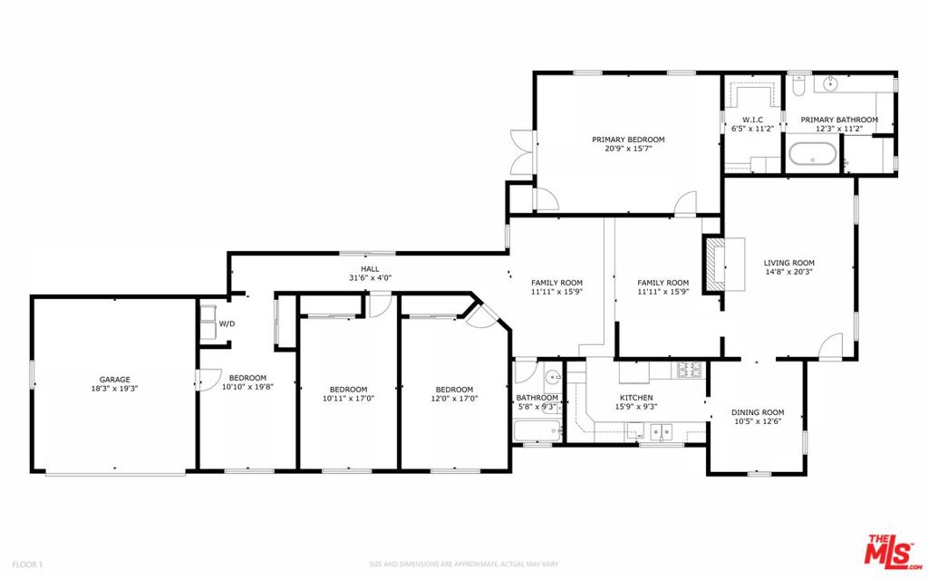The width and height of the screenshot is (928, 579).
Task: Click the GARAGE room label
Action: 114,380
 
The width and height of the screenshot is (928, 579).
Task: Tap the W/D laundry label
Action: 227,323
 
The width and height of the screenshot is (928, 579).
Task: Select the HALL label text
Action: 370,269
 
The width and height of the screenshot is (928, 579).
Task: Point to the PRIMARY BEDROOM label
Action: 628,140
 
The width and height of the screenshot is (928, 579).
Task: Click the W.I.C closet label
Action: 752,120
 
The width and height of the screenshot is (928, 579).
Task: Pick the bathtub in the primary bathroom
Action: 813,154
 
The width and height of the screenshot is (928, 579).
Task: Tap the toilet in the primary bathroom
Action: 797,84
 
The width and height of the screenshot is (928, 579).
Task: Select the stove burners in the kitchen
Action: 690,370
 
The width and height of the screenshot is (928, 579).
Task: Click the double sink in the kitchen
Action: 662,432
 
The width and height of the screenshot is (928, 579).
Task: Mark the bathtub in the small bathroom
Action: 537,430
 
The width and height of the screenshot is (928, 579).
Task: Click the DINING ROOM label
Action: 758,412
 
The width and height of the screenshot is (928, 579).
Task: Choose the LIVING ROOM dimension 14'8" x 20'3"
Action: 789,273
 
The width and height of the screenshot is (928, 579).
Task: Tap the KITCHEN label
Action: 636,398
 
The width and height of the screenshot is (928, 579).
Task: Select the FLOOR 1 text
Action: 27,565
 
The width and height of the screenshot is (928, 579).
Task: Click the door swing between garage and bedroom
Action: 206,380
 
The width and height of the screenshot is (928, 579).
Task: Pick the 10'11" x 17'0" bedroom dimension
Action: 349,399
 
